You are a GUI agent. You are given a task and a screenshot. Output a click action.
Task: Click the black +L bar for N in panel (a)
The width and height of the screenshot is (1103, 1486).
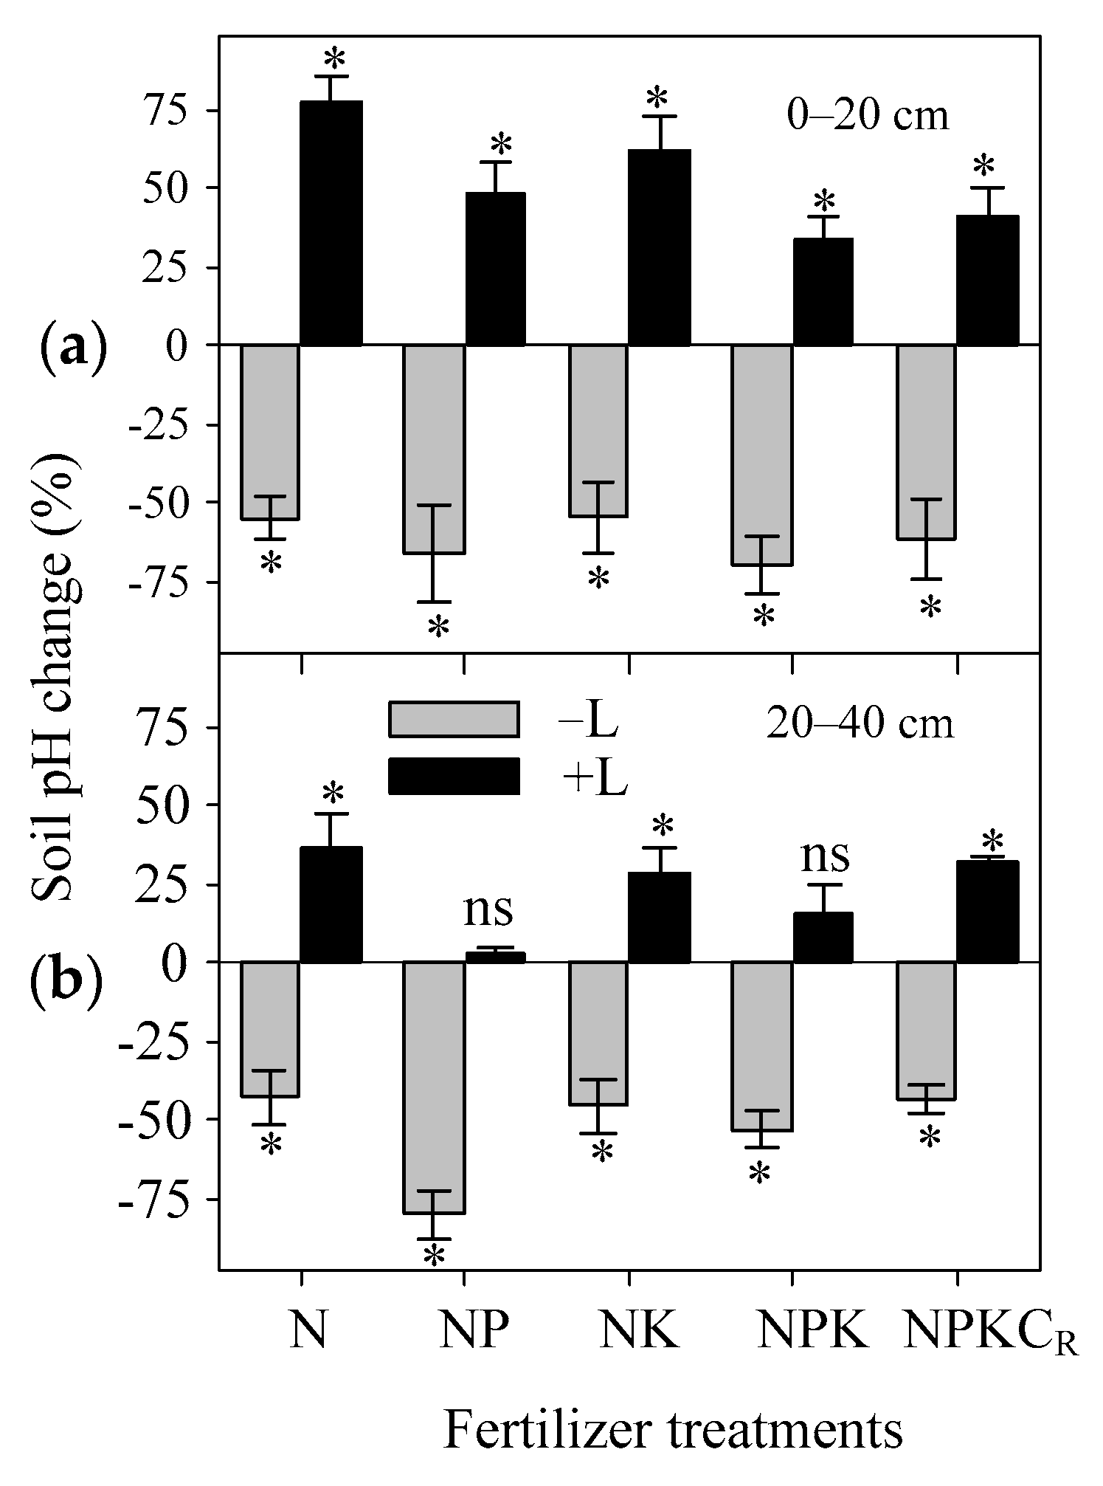coord(331,223)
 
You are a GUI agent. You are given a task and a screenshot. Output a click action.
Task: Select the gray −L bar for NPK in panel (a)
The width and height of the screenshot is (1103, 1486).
coord(762,455)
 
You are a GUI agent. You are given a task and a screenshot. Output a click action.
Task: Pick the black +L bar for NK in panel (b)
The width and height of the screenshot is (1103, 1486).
coord(659,918)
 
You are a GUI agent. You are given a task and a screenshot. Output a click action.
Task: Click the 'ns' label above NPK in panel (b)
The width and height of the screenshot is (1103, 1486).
coord(825,856)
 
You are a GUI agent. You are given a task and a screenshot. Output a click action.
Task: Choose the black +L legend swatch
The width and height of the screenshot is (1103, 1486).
coord(454,777)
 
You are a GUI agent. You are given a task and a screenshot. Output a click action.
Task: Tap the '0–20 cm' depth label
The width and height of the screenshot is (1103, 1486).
coord(867,117)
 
